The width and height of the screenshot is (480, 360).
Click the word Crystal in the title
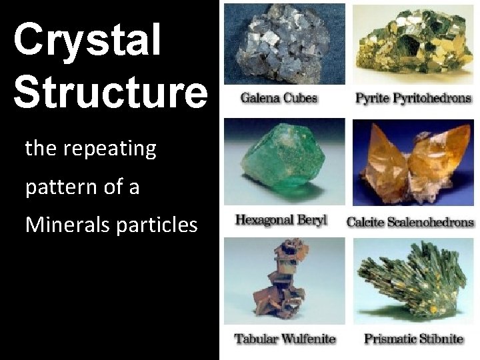[87, 40]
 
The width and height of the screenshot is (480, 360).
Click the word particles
[157, 225]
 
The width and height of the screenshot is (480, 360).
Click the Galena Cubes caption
[279, 99]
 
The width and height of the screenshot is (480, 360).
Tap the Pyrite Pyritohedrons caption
[413, 99]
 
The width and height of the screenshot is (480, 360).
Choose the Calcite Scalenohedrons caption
[410, 222]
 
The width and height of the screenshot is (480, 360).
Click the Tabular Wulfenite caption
[285, 339]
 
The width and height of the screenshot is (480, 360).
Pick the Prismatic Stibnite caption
[413, 339]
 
